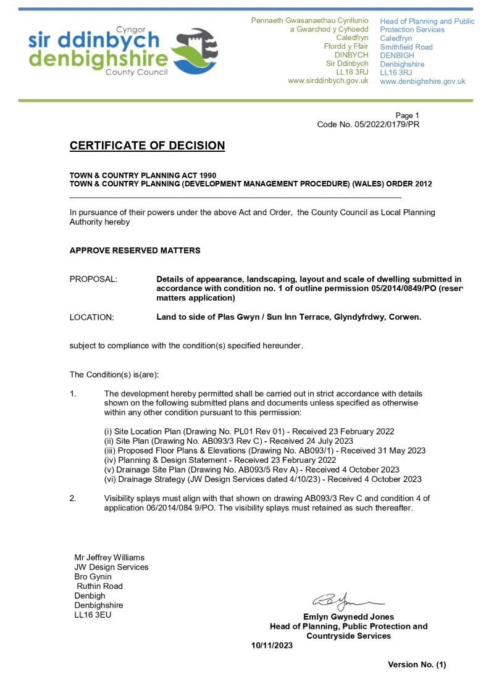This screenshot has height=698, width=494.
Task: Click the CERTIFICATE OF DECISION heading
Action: (147, 146)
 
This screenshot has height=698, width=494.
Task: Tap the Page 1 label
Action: (407, 115)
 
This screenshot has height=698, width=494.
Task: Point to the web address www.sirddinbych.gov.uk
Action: (328, 81)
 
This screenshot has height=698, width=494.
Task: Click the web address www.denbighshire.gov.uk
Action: (422, 81)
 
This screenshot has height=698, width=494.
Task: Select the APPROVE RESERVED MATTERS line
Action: (135, 251)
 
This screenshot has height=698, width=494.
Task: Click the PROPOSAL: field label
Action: (93, 279)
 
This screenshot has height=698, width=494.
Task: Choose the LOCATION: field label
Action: (92, 317)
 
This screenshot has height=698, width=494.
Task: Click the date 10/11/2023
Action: (272, 646)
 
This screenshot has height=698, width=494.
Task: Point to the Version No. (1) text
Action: (416, 665)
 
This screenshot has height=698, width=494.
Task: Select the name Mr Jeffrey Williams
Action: (109, 557)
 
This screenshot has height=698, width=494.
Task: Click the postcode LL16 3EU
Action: (93, 615)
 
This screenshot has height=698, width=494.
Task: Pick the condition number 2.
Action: (73, 498)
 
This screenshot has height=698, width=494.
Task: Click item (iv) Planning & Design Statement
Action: (220, 460)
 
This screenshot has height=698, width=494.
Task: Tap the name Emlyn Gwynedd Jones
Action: (348, 617)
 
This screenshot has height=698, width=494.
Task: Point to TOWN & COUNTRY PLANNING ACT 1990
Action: (143, 175)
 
